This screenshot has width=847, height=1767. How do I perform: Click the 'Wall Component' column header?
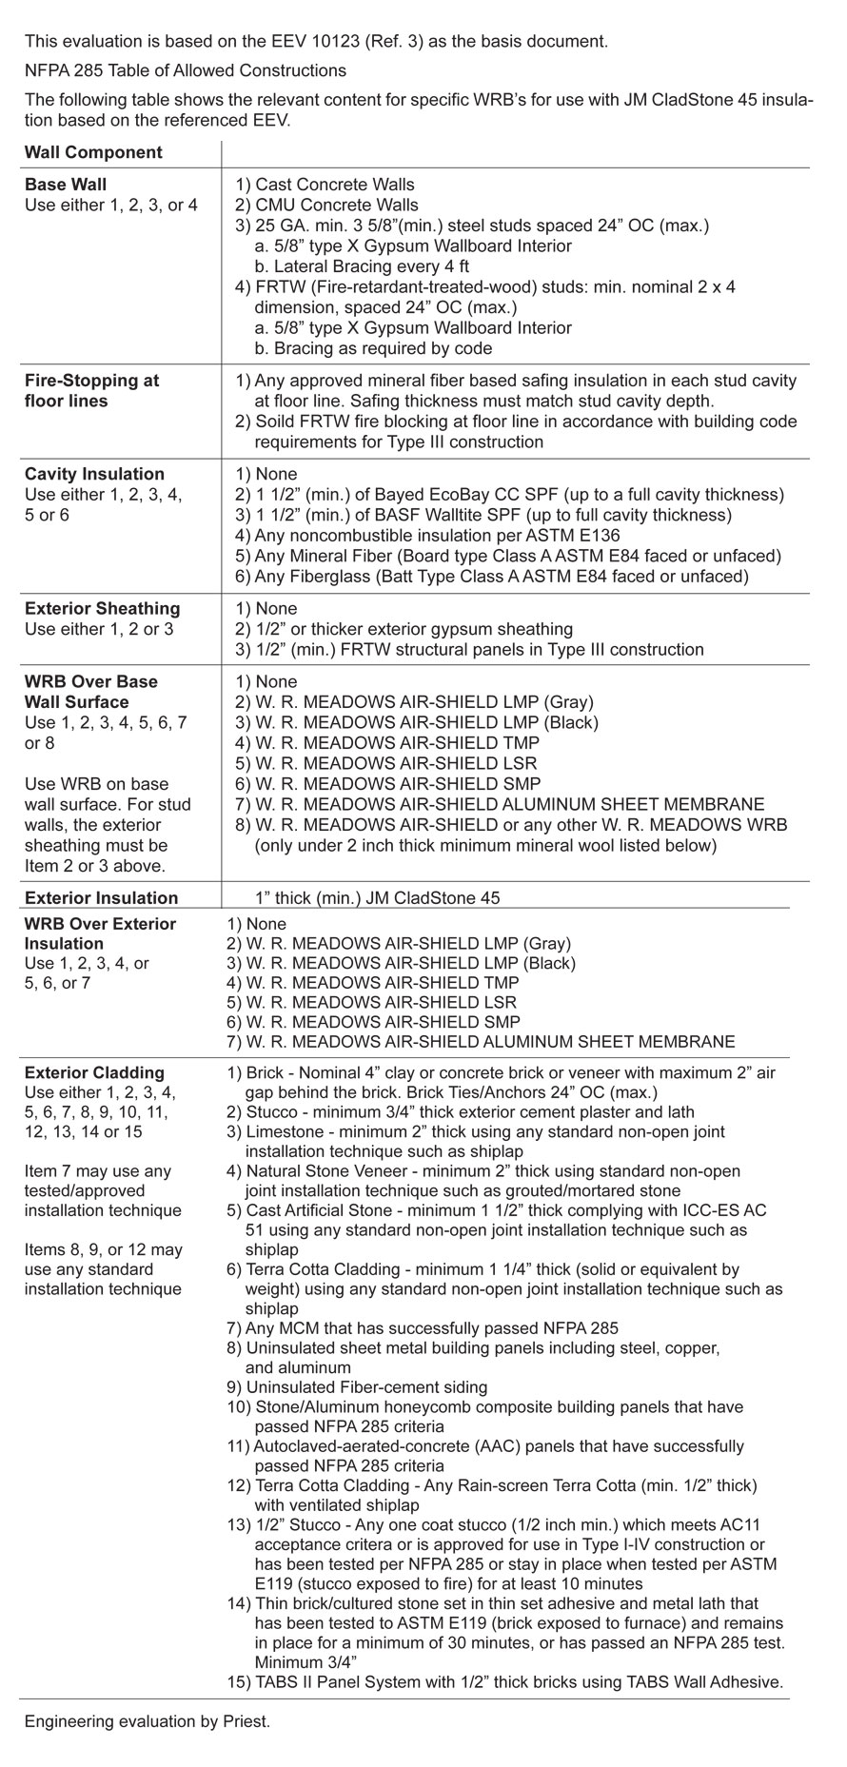pos(93,152)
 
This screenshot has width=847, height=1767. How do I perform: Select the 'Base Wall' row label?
pos(66,185)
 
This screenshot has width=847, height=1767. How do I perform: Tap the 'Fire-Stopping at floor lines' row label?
pos(91,390)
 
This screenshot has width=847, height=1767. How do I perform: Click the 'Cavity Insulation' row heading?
pos(94,474)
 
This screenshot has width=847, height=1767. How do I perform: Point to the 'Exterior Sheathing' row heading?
pos(102,609)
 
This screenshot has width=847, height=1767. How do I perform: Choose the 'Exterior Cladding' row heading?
pos(94,1072)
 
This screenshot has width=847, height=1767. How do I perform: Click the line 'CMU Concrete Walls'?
pos(337,205)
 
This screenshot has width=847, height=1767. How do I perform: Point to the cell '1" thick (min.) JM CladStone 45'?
pos(377,897)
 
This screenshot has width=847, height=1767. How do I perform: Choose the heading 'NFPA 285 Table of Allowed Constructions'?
pos(186,70)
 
